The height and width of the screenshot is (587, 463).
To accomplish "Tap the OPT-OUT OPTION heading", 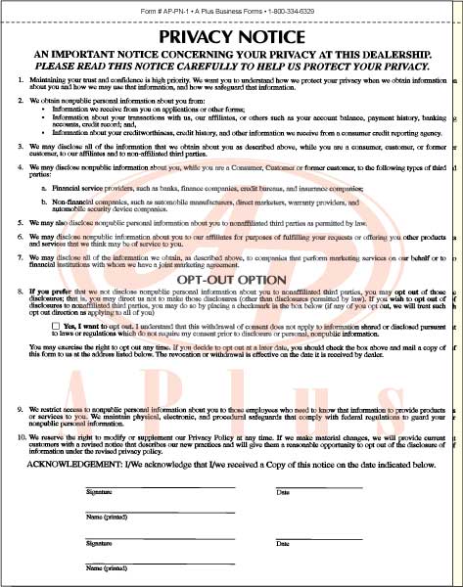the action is pos(231,280).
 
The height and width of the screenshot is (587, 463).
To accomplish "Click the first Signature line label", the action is pos(99,491).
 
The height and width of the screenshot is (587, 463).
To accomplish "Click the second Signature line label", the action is pos(99,542).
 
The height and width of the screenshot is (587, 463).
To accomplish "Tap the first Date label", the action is pos(283,491).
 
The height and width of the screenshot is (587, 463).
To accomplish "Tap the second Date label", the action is pos(283,542).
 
